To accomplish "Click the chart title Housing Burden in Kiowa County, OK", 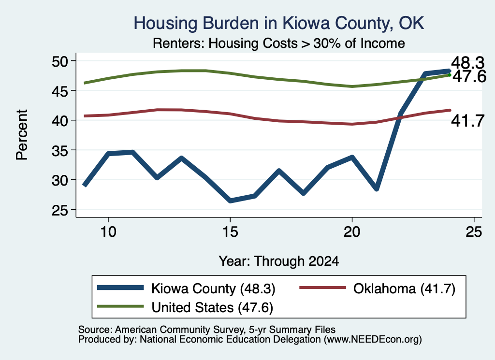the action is (x=279, y=23).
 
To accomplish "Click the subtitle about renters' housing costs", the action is (x=279, y=43).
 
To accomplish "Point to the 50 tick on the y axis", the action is (x=60, y=61).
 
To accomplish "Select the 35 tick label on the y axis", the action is (x=60, y=150).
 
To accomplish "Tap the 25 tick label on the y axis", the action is (x=60, y=210).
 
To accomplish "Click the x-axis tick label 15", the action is (x=230, y=232).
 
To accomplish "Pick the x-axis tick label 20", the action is (x=352, y=232).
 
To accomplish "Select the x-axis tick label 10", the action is (x=108, y=232).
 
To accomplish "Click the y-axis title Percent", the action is (x=22, y=135).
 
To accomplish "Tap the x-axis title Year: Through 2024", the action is (x=279, y=261).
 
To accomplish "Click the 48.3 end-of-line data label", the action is (x=467, y=63).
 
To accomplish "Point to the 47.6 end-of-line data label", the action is (x=469, y=77).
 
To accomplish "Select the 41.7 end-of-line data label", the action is (x=467, y=121).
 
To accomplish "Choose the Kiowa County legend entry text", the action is (x=213, y=288).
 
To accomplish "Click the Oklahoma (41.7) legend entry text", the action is (x=404, y=288).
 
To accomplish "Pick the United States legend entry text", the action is (x=212, y=308).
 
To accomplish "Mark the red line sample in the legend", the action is (x=322, y=288).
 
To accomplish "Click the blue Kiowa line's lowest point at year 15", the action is (x=230, y=201).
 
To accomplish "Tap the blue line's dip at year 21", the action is (x=376, y=188).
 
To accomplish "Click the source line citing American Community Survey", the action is (x=207, y=330).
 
